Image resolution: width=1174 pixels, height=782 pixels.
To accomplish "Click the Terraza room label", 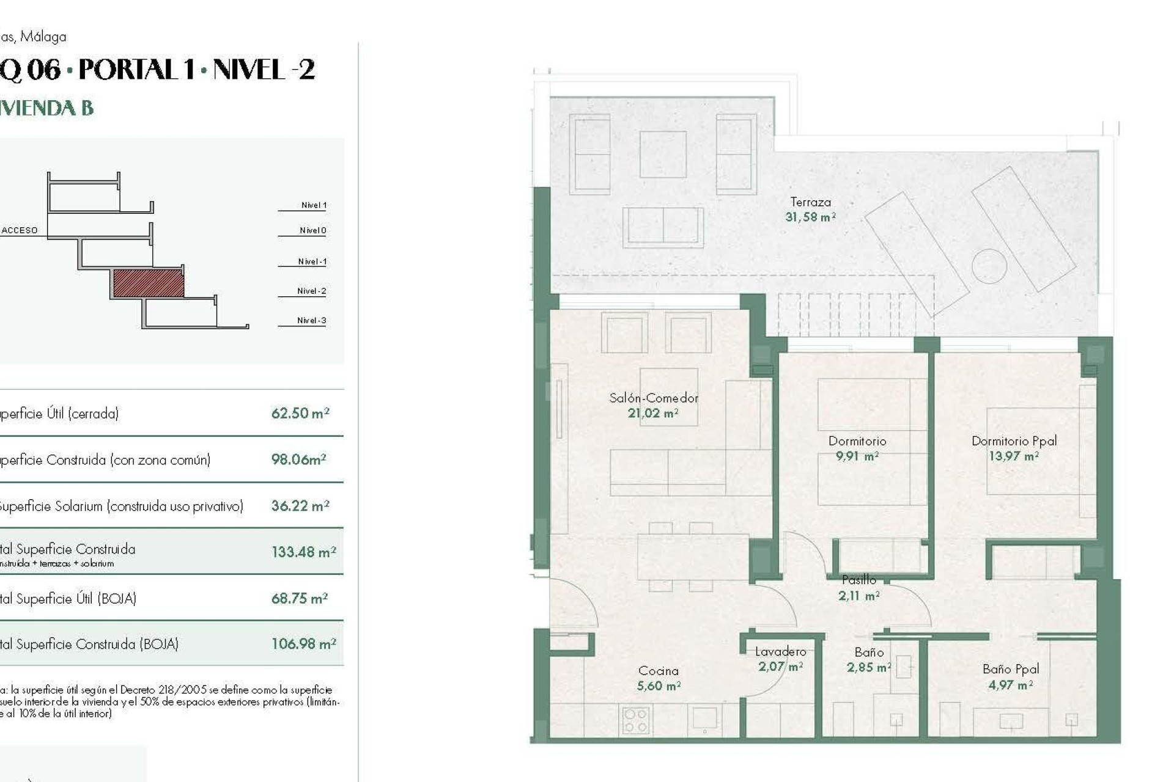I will pos(810,202).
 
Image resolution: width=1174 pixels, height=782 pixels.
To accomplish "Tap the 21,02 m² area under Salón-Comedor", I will pos(652,414).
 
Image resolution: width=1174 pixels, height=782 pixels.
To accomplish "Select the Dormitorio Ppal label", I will pos(1014,440).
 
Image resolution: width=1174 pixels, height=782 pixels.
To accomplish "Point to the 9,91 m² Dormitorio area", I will pos(857,456).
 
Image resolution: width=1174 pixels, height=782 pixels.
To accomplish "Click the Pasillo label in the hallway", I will pos(858,580).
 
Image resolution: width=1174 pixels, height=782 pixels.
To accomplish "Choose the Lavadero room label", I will pos(780,652).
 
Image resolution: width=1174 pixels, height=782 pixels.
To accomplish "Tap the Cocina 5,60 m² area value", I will pos(659,686).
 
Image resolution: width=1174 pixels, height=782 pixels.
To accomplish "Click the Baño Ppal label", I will pos(1010,669).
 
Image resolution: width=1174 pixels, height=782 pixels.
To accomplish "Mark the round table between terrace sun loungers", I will pos(989,266).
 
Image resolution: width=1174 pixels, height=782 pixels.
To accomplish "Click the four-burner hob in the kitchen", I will pos(635,720).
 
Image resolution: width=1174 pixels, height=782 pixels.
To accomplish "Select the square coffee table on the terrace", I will pos(663,155).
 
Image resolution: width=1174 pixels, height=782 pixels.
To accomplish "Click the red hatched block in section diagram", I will pos(148,283).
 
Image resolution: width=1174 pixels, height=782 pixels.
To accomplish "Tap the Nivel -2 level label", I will pos(311,291).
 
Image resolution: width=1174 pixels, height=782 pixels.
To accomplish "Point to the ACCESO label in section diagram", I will pos(20,230).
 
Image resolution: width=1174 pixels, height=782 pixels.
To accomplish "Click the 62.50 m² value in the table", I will pos(300,414).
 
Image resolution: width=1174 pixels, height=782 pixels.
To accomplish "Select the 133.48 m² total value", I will pos(303,552).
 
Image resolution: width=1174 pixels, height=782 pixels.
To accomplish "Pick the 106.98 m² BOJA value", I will pos(303,644).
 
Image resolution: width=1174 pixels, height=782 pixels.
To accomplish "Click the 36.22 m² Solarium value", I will pos(300,506).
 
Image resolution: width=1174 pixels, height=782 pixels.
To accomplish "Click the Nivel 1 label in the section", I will pos(314,205).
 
